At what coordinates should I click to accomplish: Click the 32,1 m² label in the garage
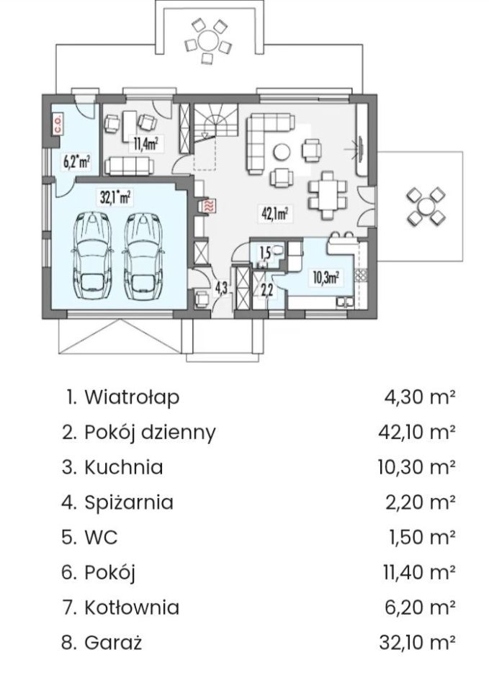[x=115, y=196]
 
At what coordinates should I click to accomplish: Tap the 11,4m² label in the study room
[x=145, y=142]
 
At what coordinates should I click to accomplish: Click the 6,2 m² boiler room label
[x=76, y=161]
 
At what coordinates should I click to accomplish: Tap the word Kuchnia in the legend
[x=123, y=467]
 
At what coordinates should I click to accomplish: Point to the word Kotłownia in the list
[x=131, y=607]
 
